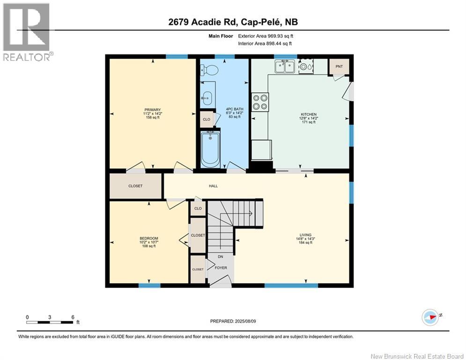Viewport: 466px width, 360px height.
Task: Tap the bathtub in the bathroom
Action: click(210, 150)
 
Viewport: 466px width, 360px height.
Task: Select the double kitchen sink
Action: click(285, 67)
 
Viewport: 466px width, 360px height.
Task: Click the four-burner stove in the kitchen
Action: click(260, 102)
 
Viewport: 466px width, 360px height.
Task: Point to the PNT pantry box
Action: click(339, 67)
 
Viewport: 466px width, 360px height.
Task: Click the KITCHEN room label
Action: click(309, 114)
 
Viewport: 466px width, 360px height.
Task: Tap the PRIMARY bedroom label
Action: click(153, 110)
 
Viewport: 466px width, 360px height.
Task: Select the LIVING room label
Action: click(305, 235)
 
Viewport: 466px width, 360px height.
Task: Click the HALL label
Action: click(213, 186)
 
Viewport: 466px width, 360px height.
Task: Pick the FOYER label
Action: click(221, 268)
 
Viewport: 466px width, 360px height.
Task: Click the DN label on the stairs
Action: click(220, 256)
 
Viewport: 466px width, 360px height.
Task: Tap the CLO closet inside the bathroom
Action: click(207, 120)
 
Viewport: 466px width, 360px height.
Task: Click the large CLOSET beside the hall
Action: click(135, 186)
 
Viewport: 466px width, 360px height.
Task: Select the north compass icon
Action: click(430, 317)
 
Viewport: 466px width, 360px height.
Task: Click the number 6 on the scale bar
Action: click(73, 317)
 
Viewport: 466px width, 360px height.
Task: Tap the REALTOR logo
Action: click(27, 32)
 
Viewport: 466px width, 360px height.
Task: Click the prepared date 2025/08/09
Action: click(245, 321)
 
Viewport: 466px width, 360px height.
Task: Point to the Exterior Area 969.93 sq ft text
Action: click(266, 36)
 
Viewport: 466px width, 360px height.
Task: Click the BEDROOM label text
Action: click(149, 238)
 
